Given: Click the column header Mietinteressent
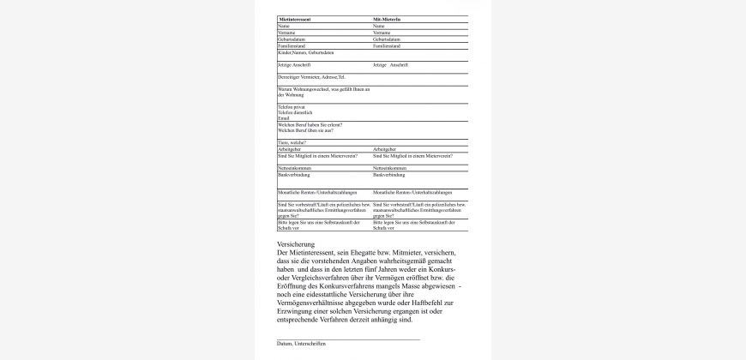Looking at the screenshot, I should click(x=295, y=19).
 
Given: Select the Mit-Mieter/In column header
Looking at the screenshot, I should click(x=388, y=19).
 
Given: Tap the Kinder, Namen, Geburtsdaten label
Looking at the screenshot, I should click(x=305, y=52).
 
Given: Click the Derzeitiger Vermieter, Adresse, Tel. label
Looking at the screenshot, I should click(x=311, y=76).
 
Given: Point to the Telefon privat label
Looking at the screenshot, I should click(x=292, y=106).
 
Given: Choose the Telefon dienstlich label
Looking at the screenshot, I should click(x=295, y=112).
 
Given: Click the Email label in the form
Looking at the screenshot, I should click(x=283, y=118).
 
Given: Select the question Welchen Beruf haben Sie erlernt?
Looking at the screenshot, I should click(x=310, y=124).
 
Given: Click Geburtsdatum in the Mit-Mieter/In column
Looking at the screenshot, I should click(x=387, y=39).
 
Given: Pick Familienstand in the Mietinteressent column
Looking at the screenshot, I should click(x=292, y=45).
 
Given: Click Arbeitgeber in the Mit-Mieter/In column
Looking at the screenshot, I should click(x=384, y=148).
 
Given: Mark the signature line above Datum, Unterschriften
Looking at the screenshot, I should click(x=348, y=339).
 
